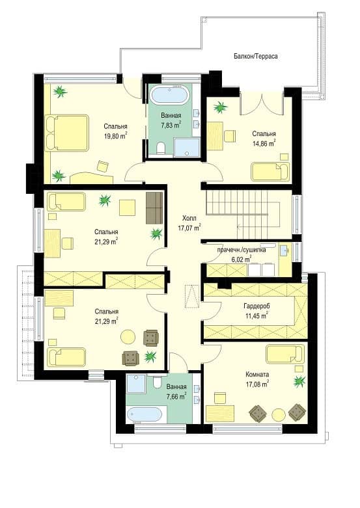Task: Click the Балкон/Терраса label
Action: (256, 57)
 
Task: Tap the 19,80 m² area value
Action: (115, 136)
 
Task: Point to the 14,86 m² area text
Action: (264, 143)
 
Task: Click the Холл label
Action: (189, 218)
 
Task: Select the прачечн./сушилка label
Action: (242, 250)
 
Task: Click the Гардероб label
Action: (256, 306)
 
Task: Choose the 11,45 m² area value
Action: (256, 315)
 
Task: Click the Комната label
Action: (257, 375)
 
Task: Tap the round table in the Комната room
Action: (278, 414)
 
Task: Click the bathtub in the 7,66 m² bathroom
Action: (146, 415)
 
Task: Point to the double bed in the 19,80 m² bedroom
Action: (67, 133)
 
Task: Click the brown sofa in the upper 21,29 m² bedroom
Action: (154, 207)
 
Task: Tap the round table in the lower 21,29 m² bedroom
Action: (128, 337)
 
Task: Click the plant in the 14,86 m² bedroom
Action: (220, 107)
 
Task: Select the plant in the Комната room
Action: (299, 381)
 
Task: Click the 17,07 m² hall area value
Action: (189, 228)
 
